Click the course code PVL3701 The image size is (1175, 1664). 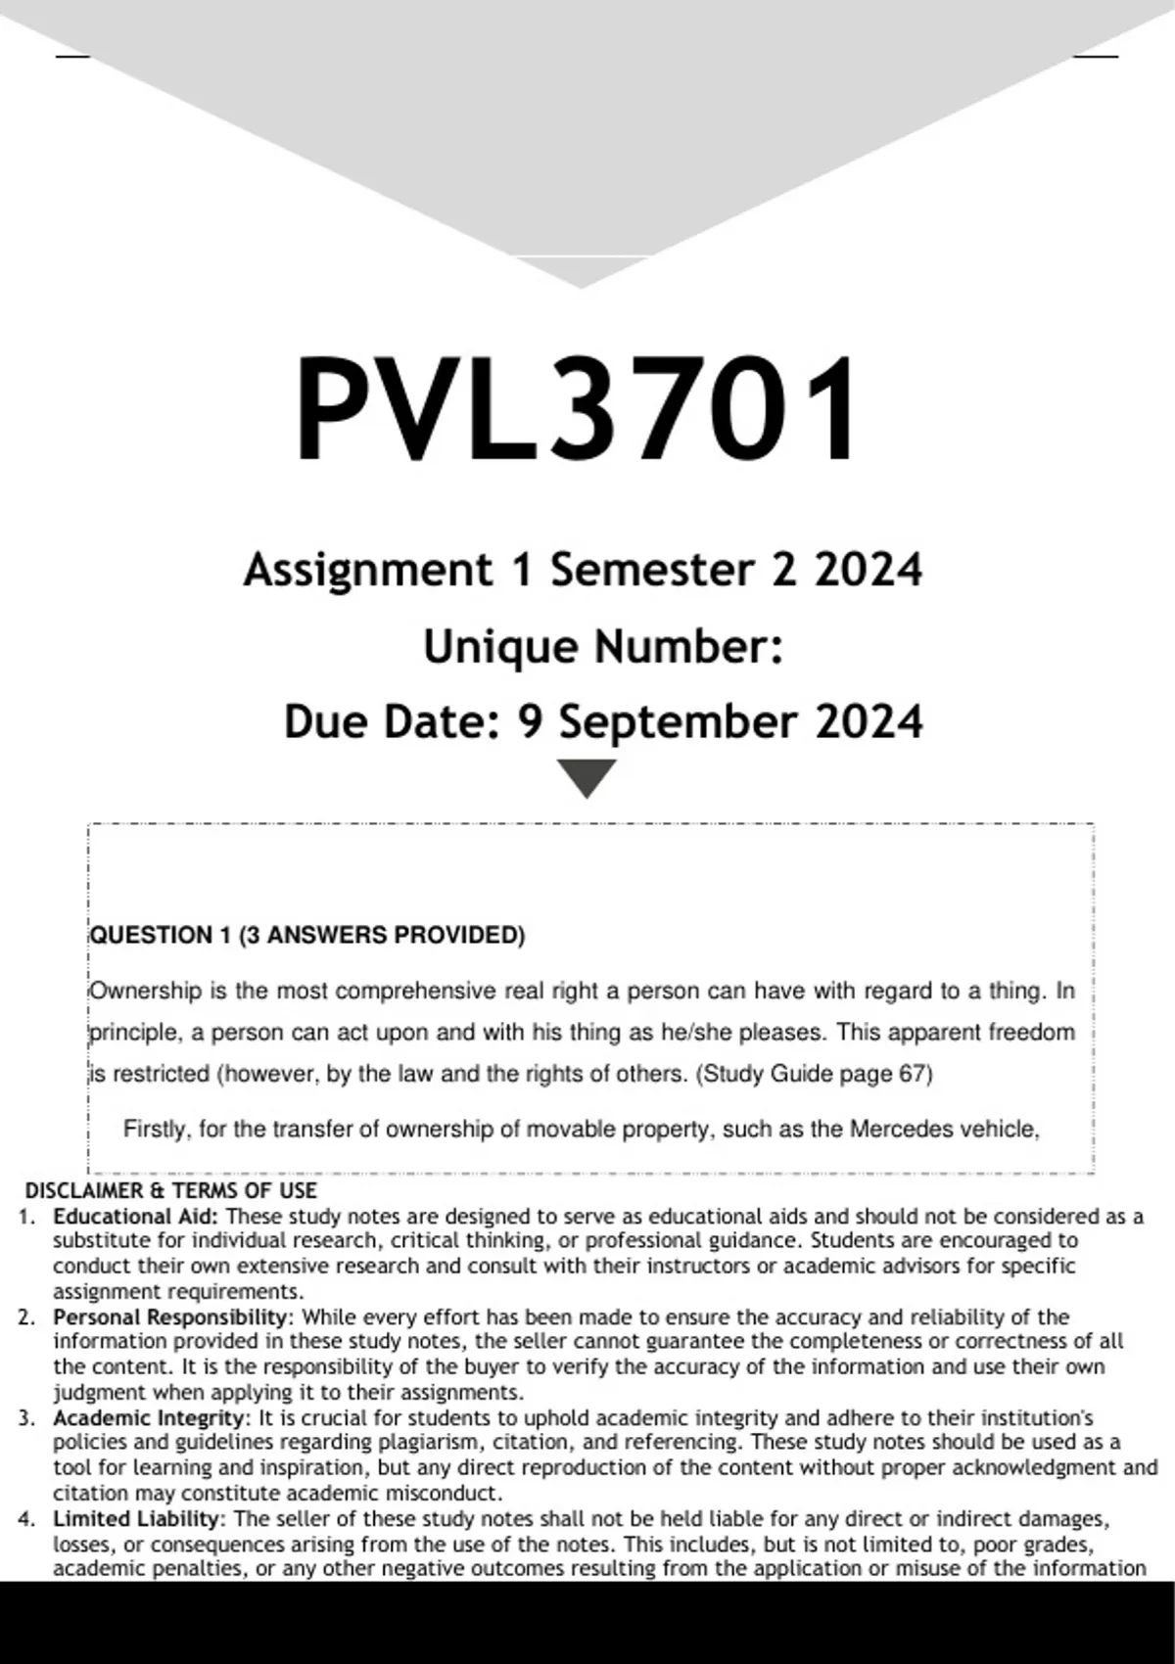tap(578, 409)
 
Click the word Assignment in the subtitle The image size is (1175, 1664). tap(368, 570)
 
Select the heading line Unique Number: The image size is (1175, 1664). tap(603, 647)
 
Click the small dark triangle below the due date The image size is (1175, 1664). tap(586, 777)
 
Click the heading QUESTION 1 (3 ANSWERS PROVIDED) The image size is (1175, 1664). tap(307, 936)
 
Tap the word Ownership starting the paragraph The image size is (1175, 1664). tap(146, 992)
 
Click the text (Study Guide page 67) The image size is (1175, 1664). tap(814, 1074)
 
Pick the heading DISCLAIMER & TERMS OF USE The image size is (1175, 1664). tap(171, 1191)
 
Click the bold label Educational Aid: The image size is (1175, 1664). tap(137, 1217)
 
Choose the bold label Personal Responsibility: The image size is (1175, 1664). tap(172, 1317)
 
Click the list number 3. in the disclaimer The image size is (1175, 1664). tap(26, 1418)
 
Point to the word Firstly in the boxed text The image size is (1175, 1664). tap(157, 1130)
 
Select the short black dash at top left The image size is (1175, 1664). tap(73, 56)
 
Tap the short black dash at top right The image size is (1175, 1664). tap(1096, 56)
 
